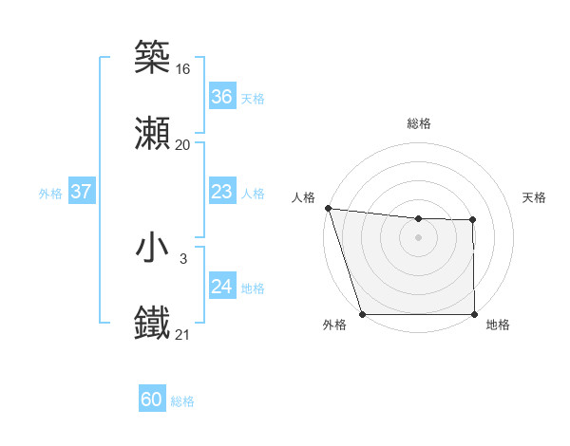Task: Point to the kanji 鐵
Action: [x=153, y=323]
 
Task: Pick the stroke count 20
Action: [x=183, y=144]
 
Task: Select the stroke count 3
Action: [x=183, y=258]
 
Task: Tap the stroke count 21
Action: [x=183, y=334]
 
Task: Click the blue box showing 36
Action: [x=221, y=97]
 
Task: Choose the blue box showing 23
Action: [x=221, y=192]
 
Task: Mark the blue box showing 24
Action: [x=221, y=287]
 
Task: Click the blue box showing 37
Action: [x=81, y=192]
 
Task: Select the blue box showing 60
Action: [x=152, y=400]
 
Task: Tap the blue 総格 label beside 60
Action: [x=182, y=401]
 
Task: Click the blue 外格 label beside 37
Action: [x=50, y=193]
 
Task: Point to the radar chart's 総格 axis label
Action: [x=419, y=124]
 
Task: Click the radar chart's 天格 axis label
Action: [x=535, y=197]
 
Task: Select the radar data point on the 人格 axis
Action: [x=328, y=208]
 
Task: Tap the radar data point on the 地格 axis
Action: [x=474, y=314]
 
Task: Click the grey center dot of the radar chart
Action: [x=419, y=237]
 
